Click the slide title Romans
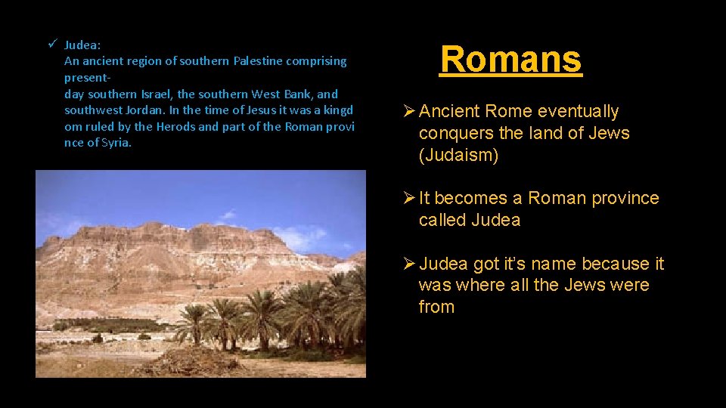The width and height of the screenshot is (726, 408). [x=511, y=59]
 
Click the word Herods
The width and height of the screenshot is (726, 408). [x=176, y=127]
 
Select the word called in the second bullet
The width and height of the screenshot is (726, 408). [x=442, y=220]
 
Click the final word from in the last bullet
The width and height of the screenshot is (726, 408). [x=436, y=307]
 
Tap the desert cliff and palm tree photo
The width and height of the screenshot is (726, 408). [x=200, y=274]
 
